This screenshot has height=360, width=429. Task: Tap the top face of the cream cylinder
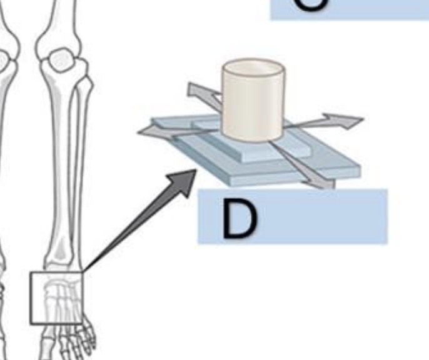(x=253, y=67)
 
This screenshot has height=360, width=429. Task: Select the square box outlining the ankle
(x=56, y=297)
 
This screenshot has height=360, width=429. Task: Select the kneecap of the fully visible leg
(x=60, y=59)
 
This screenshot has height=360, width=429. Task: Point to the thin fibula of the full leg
(x=79, y=156)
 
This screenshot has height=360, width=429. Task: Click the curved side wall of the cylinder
(x=253, y=109)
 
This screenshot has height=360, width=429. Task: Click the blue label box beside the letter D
(x=325, y=216)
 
